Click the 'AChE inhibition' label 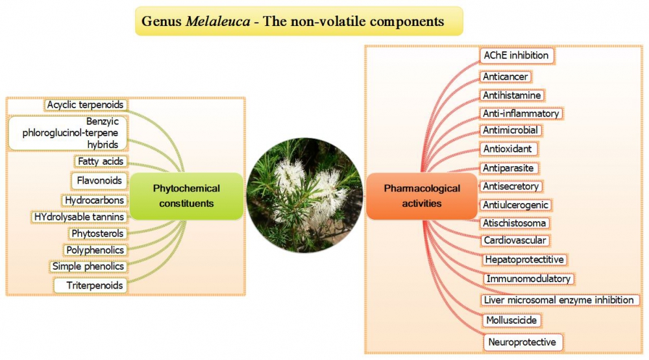(x=517, y=55)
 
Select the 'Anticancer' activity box (x=506, y=77)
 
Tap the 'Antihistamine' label (x=512, y=95)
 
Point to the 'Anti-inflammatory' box (x=521, y=114)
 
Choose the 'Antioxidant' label (x=508, y=149)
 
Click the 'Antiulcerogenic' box (x=516, y=205)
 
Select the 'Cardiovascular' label (x=515, y=241)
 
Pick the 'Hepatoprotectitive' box (x=524, y=259)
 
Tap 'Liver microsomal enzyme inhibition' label (x=559, y=300)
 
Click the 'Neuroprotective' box (x=523, y=342)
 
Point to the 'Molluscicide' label (x=511, y=320)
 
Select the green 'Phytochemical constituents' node (x=186, y=196)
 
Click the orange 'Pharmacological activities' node (x=422, y=196)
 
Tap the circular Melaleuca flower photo (x=304, y=195)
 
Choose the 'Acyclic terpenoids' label (x=85, y=104)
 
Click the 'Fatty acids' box (x=101, y=162)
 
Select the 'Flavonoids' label (x=99, y=180)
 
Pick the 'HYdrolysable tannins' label (x=79, y=217)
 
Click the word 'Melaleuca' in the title (x=217, y=21)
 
